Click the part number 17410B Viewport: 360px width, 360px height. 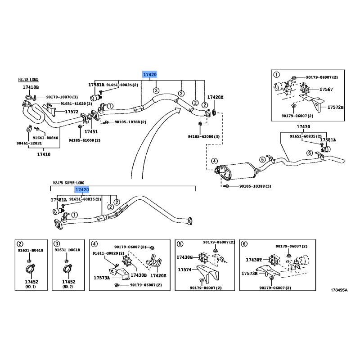point(31,87)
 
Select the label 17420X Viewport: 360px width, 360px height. point(215,97)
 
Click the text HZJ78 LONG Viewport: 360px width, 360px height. point(28,80)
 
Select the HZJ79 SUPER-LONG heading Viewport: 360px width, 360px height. point(68,183)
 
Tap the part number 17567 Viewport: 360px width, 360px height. point(326,90)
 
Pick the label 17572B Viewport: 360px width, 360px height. point(335,108)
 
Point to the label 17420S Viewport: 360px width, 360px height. point(158,275)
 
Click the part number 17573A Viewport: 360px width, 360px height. point(102,278)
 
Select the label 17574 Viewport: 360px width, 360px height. point(185,270)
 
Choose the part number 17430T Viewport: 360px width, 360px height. point(254,260)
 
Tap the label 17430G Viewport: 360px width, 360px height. point(184,257)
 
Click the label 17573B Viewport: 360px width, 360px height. point(249,273)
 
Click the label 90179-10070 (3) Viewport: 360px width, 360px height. point(62,97)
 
